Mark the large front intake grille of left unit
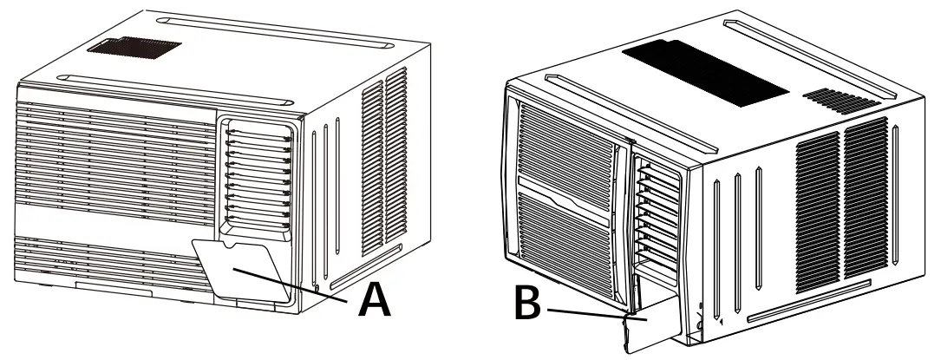(113, 165)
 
